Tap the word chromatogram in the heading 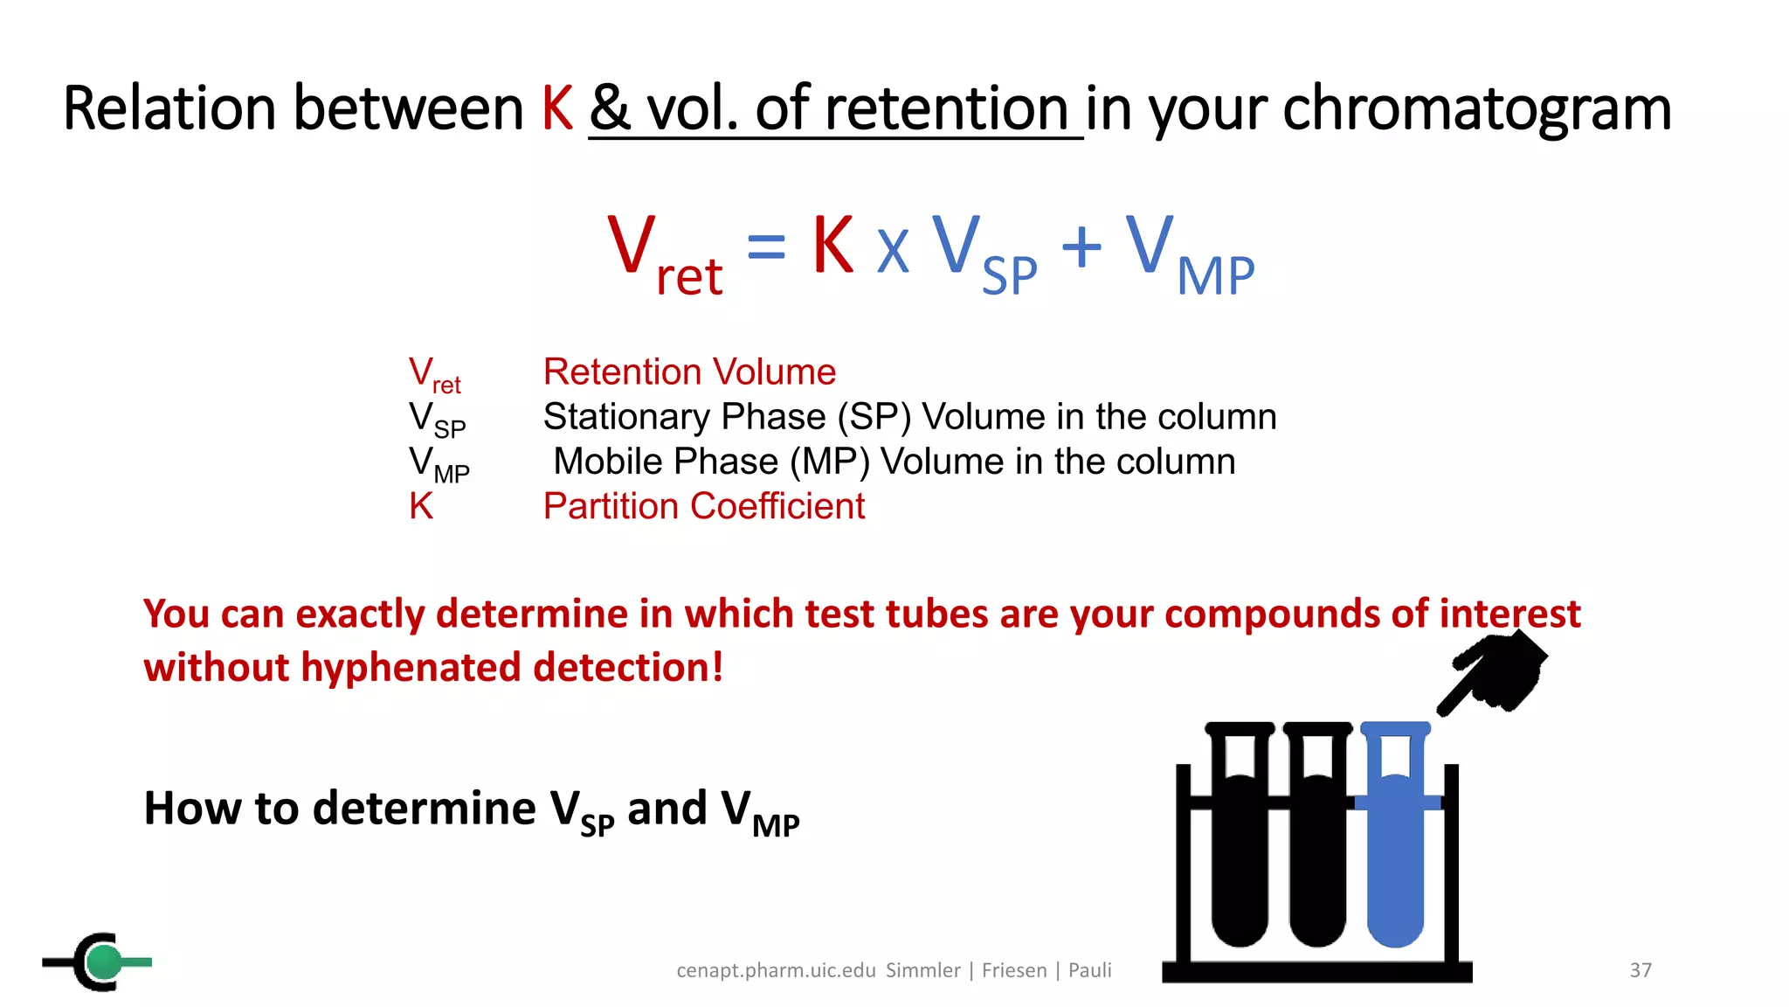point(1476,109)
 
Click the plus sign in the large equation point(1081,247)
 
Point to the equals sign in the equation point(766,247)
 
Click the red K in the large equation point(832,246)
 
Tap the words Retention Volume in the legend point(689,372)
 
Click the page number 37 point(1640,970)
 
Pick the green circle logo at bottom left point(105,962)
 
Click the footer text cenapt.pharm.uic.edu point(776,970)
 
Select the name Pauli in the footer point(1089,970)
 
